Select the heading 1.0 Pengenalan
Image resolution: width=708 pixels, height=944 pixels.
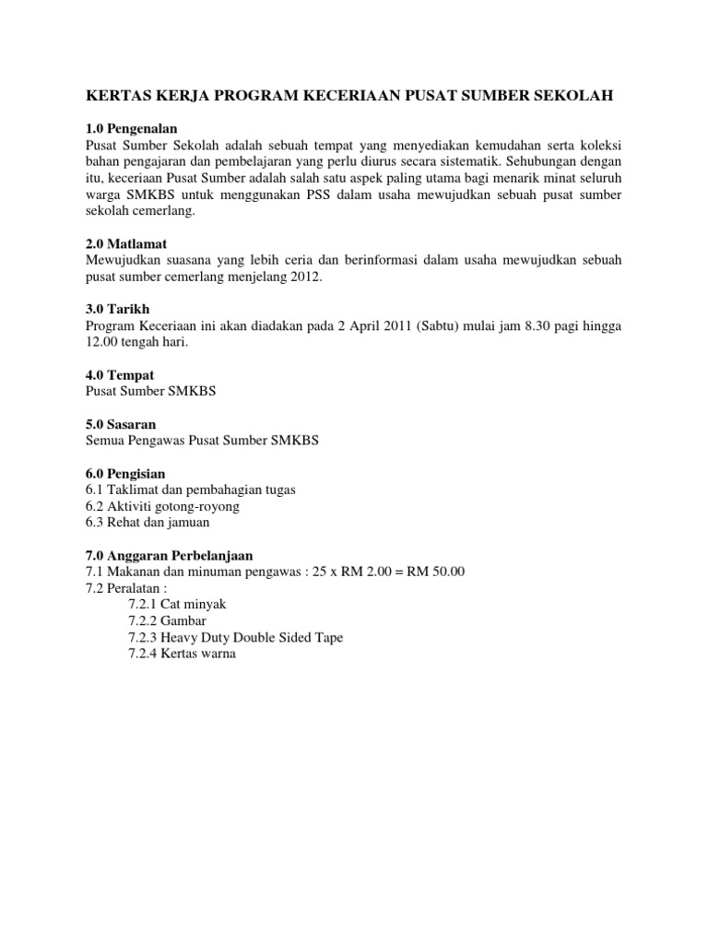pos(131,128)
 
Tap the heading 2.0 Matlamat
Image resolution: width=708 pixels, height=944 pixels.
pos(125,244)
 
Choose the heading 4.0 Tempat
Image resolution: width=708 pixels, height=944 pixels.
pos(120,375)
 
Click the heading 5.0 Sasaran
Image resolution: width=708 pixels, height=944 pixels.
pos(122,424)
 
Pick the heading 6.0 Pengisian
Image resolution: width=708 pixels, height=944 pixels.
pos(125,473)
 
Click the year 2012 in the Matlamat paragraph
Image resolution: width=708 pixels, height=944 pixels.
pos(305,277)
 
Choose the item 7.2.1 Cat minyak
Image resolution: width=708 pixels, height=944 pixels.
pos(177,604)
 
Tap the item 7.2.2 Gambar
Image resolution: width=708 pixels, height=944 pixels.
pos(172,620)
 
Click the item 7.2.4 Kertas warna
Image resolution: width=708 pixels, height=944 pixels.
pos(183,654)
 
